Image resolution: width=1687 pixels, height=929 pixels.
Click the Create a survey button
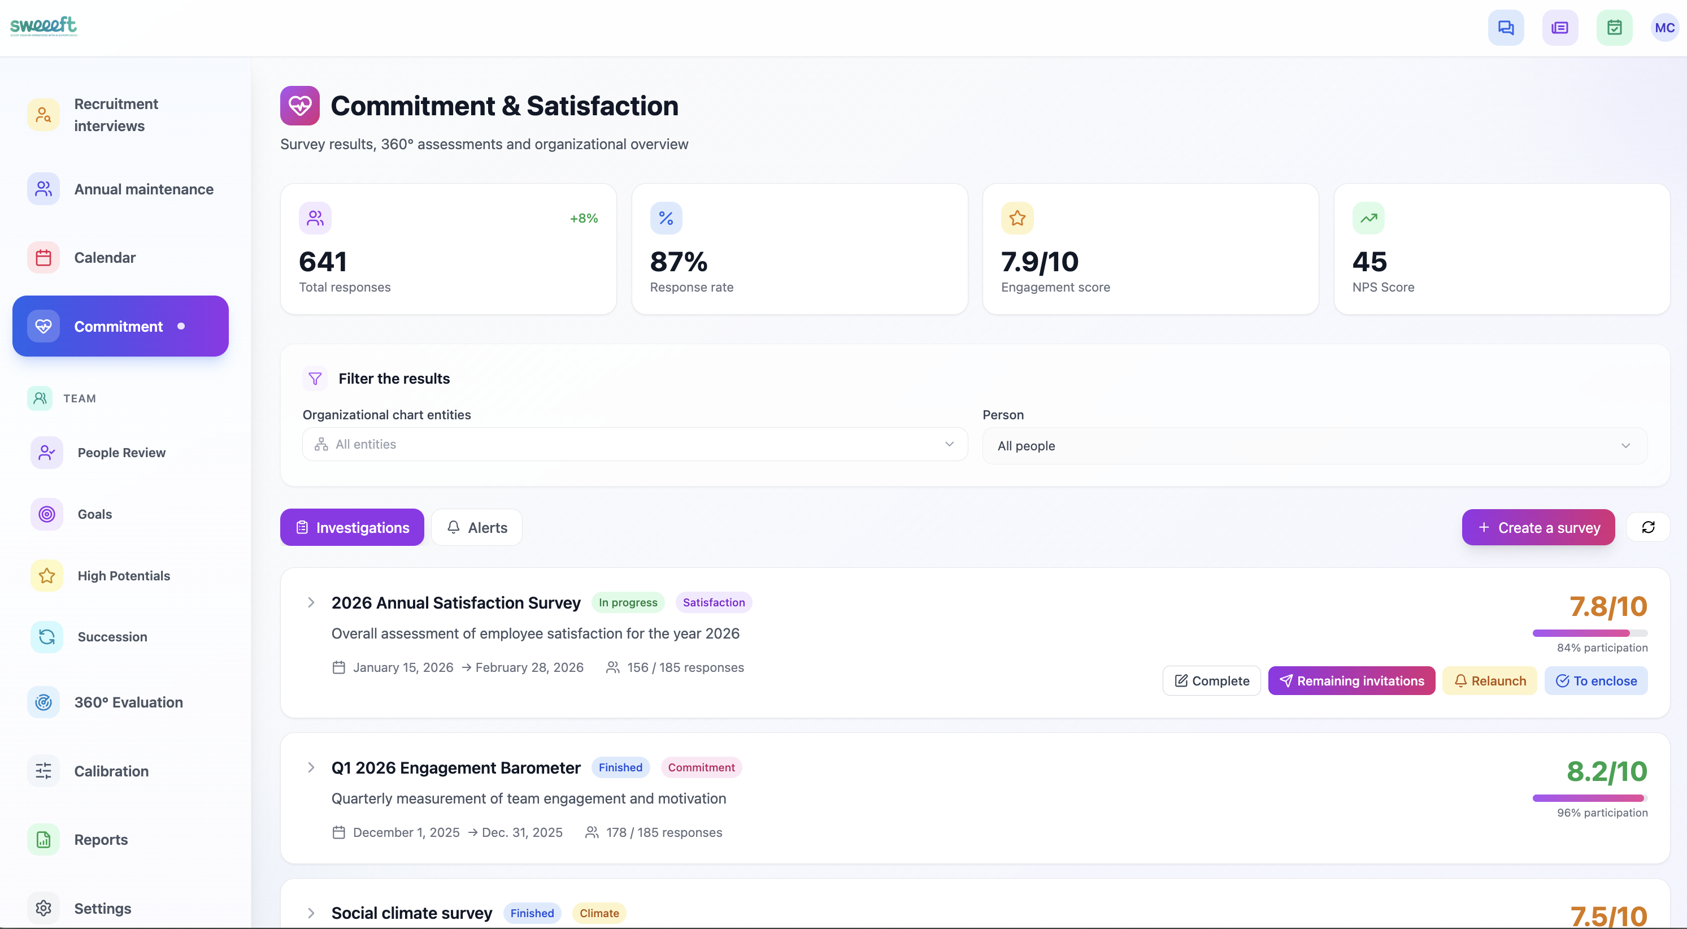tap(1538, 527)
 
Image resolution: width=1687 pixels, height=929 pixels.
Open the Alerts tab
tap(477, 527)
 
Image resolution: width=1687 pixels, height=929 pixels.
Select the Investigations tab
tap(351, 527)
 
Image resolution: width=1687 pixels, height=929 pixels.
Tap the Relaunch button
tap(1489, 681)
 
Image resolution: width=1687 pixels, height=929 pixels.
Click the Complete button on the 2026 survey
tap(1211, 681)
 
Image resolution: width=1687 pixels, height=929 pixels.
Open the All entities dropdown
tap(634, 444)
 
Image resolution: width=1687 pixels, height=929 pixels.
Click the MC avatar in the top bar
tap(1664, 28)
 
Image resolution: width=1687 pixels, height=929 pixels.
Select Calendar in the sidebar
tap(105, 258)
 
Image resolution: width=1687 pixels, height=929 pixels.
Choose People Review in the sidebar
tap(121, 453)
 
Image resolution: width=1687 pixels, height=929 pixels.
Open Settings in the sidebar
tap(102, 908)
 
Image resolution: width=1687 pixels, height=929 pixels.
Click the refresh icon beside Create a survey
tap(1647, 527)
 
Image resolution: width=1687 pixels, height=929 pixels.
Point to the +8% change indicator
tap(584, 218)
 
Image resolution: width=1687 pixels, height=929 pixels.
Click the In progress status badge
tap(627, 602)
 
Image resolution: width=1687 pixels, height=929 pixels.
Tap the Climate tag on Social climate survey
tap(598, 913)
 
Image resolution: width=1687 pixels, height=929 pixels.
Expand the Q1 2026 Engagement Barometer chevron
tap(311, 767)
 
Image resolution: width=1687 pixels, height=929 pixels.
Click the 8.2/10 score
tap(1606, 772)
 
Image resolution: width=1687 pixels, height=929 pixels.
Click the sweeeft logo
tap(44, 25)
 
